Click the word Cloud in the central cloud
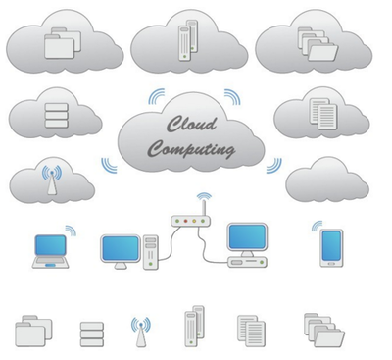coord(192,125)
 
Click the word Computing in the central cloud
coord(191,149)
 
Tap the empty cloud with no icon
coord(327,180)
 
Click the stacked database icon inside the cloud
coord(56,115)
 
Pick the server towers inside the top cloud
coord(188,40)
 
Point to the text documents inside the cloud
coord(323,114)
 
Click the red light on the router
coord(185,222)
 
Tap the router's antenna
coord(204,208)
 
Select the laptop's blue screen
coord(51,245)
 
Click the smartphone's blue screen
coord(331,245)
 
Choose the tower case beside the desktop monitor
coord(151,252)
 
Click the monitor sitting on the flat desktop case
coord(247,239)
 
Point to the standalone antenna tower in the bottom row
coord(141,332)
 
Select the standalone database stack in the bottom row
coord(92,334)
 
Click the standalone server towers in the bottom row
coord(194,326)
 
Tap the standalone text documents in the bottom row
coord(251,331)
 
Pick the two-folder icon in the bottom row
coord(33,331)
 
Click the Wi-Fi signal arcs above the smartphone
coord(317,226)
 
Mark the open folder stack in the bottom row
coord(324,330)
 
